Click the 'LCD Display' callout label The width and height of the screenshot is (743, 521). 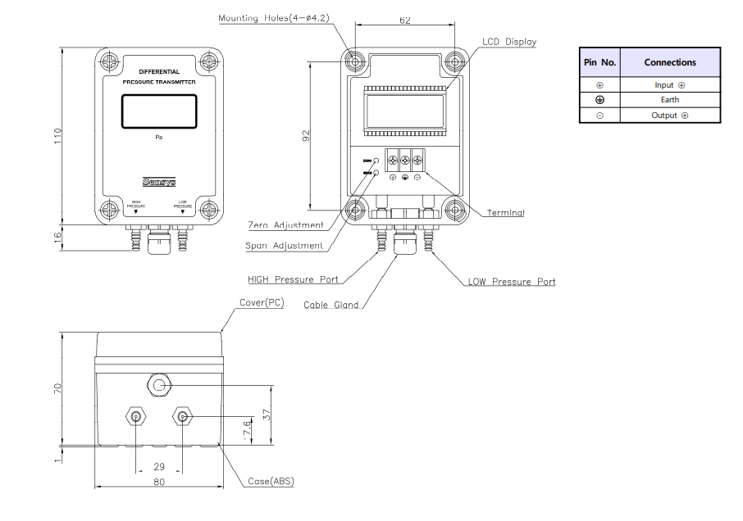[509, 42]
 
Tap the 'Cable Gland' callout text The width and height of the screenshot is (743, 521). [331, 306]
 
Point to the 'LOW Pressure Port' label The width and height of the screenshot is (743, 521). [512, 282]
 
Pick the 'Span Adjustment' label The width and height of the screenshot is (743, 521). [285, 246]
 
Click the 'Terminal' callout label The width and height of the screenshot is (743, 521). [506, 213]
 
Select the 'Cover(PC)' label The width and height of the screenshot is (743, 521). [262, 302]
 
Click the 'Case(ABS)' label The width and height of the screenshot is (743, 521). [271, 481]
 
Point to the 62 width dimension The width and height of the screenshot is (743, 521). [404, 22]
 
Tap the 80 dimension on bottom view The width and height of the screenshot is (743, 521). [159, 482]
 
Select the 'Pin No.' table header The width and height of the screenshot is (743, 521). [599, 62]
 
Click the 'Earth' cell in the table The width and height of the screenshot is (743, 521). [670, 100]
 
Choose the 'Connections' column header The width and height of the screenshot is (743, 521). [670, 62]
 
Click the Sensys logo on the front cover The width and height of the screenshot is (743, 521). [159, 182]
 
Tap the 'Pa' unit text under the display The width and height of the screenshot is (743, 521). [159, 138]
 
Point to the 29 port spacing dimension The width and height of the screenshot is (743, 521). [159, 466]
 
